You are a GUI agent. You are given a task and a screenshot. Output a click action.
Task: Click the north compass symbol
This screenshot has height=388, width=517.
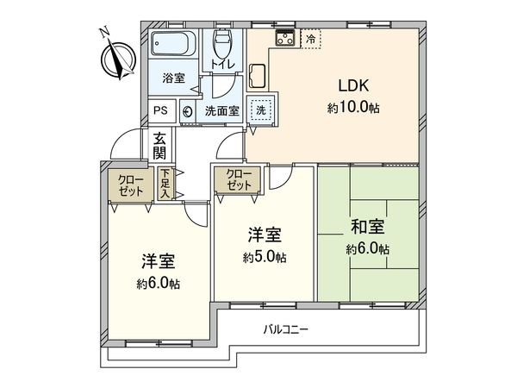[x=114, y=55]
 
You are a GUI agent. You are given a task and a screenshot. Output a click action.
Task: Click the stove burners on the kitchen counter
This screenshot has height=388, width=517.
[x=285, y=39]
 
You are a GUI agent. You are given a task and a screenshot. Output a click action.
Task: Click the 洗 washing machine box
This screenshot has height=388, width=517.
[x=261, y=110]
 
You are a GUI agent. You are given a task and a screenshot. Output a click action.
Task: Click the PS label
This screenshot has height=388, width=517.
[x=161, y=110]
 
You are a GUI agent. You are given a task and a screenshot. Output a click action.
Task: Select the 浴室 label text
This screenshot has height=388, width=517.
[x=175, y=78]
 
